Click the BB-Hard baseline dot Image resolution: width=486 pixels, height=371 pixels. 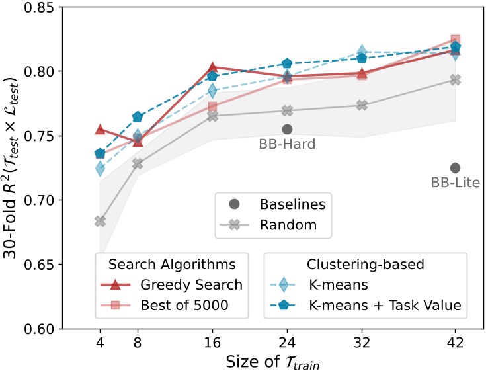click(x=287, y=129)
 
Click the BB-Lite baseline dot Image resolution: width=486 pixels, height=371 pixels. click(x=455, y=168)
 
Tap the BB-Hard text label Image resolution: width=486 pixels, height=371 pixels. click(x=287, y=144)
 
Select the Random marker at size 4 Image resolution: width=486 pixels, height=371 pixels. click(x=100, y=221)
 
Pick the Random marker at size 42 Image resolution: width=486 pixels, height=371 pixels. click(x=455, y=79)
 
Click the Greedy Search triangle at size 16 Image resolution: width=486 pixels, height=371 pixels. click(x=212, y=67)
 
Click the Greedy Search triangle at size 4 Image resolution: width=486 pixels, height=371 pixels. click(x=100, y=130)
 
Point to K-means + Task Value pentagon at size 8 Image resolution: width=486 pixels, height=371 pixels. click(x=138, y=117)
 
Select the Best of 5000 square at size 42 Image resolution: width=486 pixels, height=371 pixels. click(x=455, y=40)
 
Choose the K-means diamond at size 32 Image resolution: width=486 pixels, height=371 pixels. click(x=362, y=51)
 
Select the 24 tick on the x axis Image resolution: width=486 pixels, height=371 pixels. click(x=287, y=343)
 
